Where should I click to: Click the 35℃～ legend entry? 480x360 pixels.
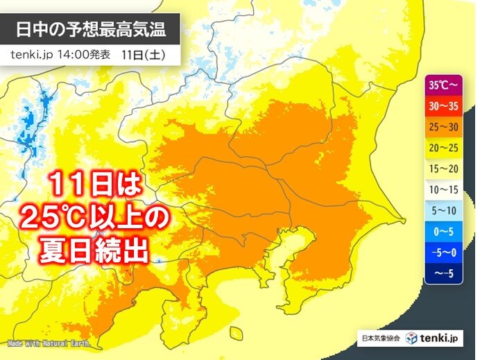(443, 85)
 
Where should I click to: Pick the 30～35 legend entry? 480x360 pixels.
(443, 106)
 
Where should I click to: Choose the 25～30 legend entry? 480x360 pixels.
(443, 127)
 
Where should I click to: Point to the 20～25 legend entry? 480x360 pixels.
(443, 148)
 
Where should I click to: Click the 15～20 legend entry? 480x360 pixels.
(443, 169)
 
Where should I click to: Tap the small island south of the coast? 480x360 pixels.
(235, 334)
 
